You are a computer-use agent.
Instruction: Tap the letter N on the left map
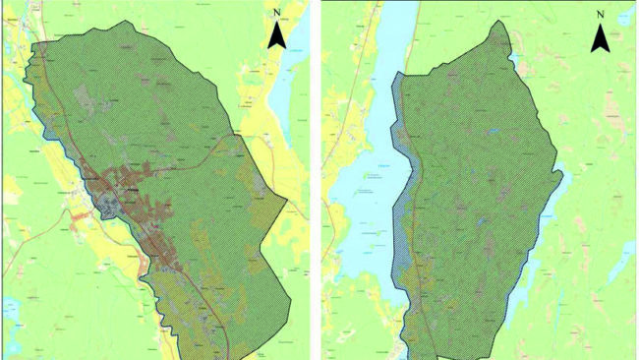click(x=278, y=14)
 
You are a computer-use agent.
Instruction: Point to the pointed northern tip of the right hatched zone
click(x=503, y=22)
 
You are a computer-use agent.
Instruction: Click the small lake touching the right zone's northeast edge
click(x=515, y=59)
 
